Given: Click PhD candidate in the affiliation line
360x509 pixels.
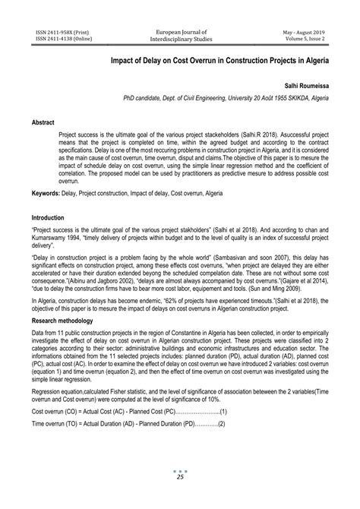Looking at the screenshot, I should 145,100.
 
